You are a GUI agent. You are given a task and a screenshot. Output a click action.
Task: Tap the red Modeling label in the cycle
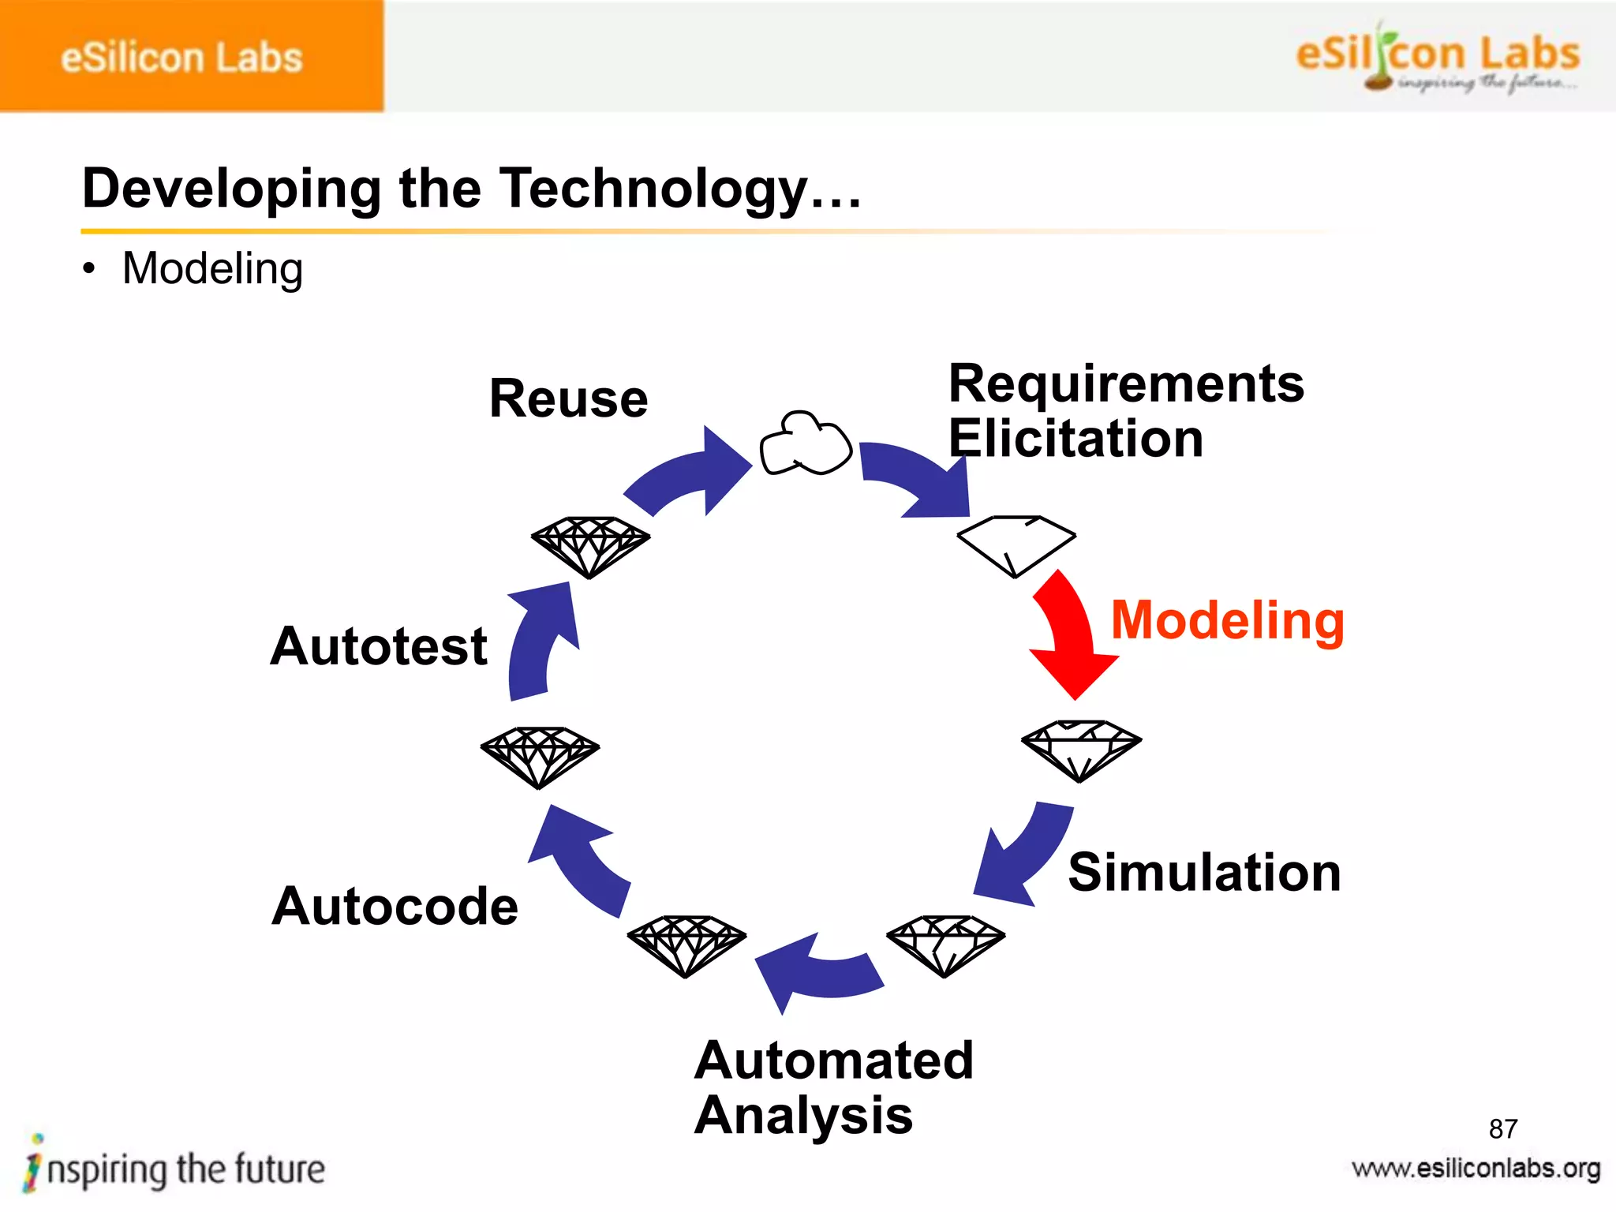tap(1227, 621)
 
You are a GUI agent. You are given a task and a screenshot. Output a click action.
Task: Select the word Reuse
tap(568, 398)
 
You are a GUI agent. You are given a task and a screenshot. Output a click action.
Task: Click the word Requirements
tap(1126, 384)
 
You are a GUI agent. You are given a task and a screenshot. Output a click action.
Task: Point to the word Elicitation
tap(1075, 439)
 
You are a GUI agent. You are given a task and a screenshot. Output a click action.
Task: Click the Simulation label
tap(1204, 873)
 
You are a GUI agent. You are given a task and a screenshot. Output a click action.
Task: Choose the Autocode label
tap(395, 906)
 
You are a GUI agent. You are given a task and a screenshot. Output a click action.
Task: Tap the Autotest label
tap(379, 646)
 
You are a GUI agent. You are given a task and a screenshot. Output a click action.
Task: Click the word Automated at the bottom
tap(834, 1060)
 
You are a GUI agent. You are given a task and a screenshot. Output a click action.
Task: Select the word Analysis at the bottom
tap(803, 1115)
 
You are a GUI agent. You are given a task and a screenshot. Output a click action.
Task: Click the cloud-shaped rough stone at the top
tap(805, 444)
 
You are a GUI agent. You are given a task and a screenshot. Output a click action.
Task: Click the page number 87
tap(1502, 1129)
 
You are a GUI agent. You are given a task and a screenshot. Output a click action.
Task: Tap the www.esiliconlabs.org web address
tap(1476, 1169)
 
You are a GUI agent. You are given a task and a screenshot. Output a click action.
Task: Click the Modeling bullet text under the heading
tap(212, 269)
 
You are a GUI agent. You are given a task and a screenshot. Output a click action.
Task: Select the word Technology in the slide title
tap(655, 189)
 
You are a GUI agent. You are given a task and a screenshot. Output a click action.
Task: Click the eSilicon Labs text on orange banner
tap(181, 58)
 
